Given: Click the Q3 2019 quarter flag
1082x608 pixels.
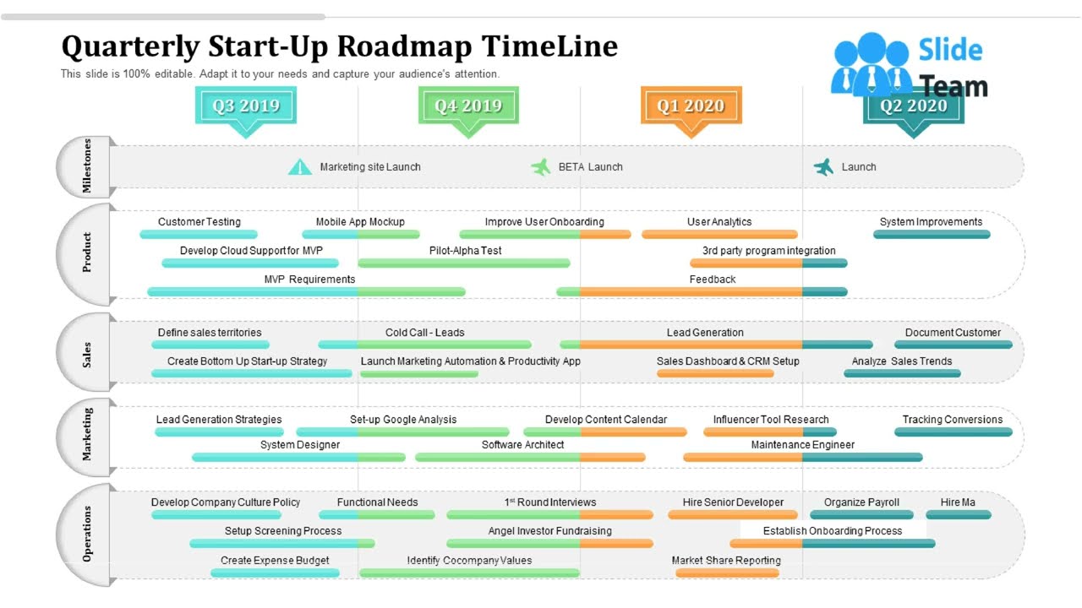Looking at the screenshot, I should coord(245,106).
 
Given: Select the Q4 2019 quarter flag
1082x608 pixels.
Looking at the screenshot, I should coord(468,106).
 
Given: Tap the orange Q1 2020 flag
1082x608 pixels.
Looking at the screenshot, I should coord(691,106).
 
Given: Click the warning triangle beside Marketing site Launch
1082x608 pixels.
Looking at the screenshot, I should coord(300,167).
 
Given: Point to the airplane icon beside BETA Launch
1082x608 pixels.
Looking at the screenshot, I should coord(540,167).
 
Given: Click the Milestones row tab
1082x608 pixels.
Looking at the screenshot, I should coord(86,166).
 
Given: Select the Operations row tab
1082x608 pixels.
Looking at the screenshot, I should coord(86,534).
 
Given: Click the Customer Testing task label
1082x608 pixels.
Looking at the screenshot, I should coord(199,222).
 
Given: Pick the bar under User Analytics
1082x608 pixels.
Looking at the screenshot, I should coord(719,235).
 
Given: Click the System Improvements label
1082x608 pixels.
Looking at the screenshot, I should coord(931,222).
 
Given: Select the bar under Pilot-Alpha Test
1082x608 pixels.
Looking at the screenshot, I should coord(464,263).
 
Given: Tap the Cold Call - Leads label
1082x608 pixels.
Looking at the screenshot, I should coord(425,333).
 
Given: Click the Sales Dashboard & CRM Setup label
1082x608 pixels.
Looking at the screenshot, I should coord(728,361).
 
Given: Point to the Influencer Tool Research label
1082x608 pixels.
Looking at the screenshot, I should coord(771,420).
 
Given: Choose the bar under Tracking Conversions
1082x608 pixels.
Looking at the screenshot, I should coord(953,432).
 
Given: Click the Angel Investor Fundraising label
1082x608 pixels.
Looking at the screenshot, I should coord(549,531).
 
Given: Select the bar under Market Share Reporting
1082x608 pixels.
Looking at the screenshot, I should coord(727,573).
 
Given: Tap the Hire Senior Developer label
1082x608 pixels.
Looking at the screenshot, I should coord(733,502).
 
